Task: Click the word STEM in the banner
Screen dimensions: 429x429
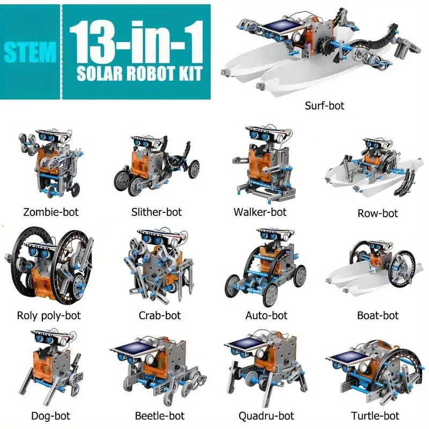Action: pos(31,51)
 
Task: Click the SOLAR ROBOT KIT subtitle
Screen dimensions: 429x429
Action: pos(137,74)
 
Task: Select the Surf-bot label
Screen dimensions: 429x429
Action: pos(324,105)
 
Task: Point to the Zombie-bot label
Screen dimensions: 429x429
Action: pos(51,212)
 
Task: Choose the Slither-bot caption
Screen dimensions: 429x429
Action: pos(157,212)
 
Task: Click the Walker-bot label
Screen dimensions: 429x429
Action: pos(260,212)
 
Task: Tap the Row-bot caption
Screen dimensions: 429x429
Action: pos(378,213)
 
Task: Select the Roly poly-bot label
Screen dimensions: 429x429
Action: pos(49,315)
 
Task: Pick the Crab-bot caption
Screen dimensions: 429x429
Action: pos(159,315)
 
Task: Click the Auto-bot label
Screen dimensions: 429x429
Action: pos(266,315)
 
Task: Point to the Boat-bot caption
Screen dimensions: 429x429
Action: pos(378,315)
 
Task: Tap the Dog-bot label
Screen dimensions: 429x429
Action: pos(50,416)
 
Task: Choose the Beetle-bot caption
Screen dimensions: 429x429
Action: pos(159,416)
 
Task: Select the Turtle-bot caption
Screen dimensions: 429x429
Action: pos(375,416)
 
